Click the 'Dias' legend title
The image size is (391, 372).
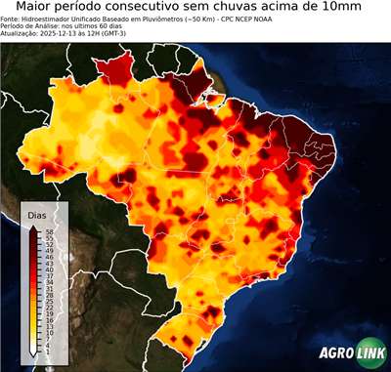pos(37,215)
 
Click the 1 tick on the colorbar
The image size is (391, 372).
pos(47,345)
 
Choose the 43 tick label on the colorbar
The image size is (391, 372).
pos(47,264)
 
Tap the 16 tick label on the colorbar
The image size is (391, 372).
pos(47,315)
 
